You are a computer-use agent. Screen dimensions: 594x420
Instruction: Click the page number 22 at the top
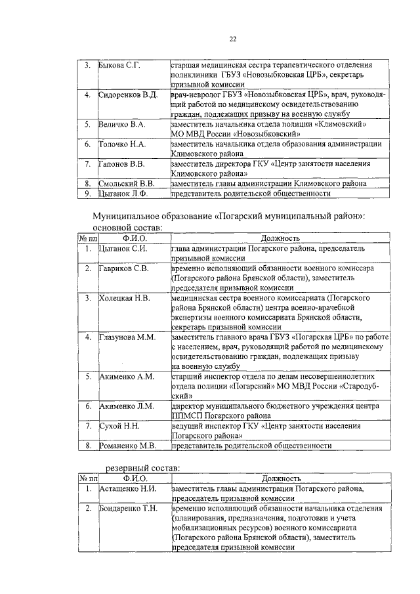pyautogui.click(x=232, y=39)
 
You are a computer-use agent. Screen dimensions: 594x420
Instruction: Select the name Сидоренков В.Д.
pyautogui.click(x=128, y=95)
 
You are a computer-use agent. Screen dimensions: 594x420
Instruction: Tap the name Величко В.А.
pyautogui.click(x=121, y=124)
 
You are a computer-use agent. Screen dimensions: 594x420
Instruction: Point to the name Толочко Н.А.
pyautogui.click(x=122, y=144)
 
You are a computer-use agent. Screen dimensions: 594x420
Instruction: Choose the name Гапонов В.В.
pyautogui.click(x=122, y=163)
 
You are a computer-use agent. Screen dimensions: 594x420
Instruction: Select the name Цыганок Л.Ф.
pyautogui.click(x=123, y=193)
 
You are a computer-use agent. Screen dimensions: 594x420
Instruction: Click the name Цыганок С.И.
pyautogui.click(x=123, y=249)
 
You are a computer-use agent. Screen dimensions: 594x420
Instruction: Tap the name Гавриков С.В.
pyautogui.click(x=123, y=268)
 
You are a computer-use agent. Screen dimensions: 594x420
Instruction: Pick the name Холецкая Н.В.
pyautogui.click(x=124, y=298)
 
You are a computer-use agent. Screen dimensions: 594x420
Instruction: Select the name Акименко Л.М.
pyautogui.click(x=126, y=406)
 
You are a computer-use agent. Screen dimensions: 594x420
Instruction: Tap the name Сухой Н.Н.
pyautogui.click(x=118, y=426)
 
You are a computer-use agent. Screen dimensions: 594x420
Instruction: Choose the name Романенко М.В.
pyautogui.click(x=127, y=446)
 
